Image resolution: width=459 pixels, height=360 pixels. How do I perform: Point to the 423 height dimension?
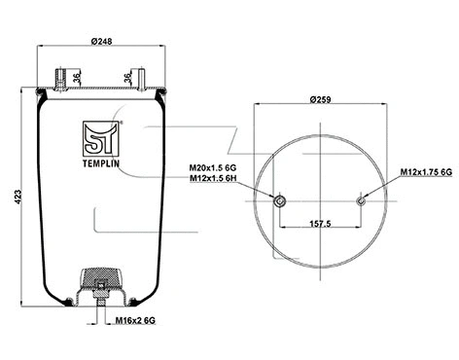pyautogui.click(x=12, y=196)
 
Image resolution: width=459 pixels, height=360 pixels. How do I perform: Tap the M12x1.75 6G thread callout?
pyautogui.click(x=426, y=172)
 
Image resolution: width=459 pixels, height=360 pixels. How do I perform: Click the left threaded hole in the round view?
pyautogui.click(x=280, y=201)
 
